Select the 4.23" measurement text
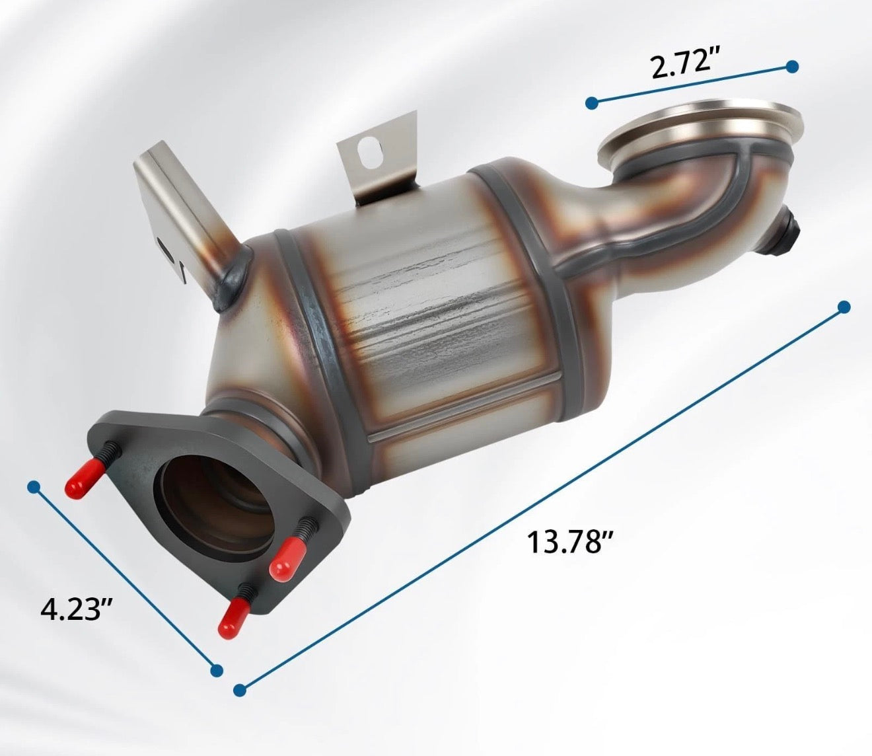pyautogui.click(x=75, y=608)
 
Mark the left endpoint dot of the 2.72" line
pyautogui.click(x=592, y=102)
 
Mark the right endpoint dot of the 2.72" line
pyautogui.click(x=792, y=66)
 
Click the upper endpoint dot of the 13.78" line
pyautogui.click(x=843, y=307)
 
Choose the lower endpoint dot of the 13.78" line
pyautogui.click(x=240, y=690)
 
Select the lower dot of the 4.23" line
pyautogui.click(x=216, y=670)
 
